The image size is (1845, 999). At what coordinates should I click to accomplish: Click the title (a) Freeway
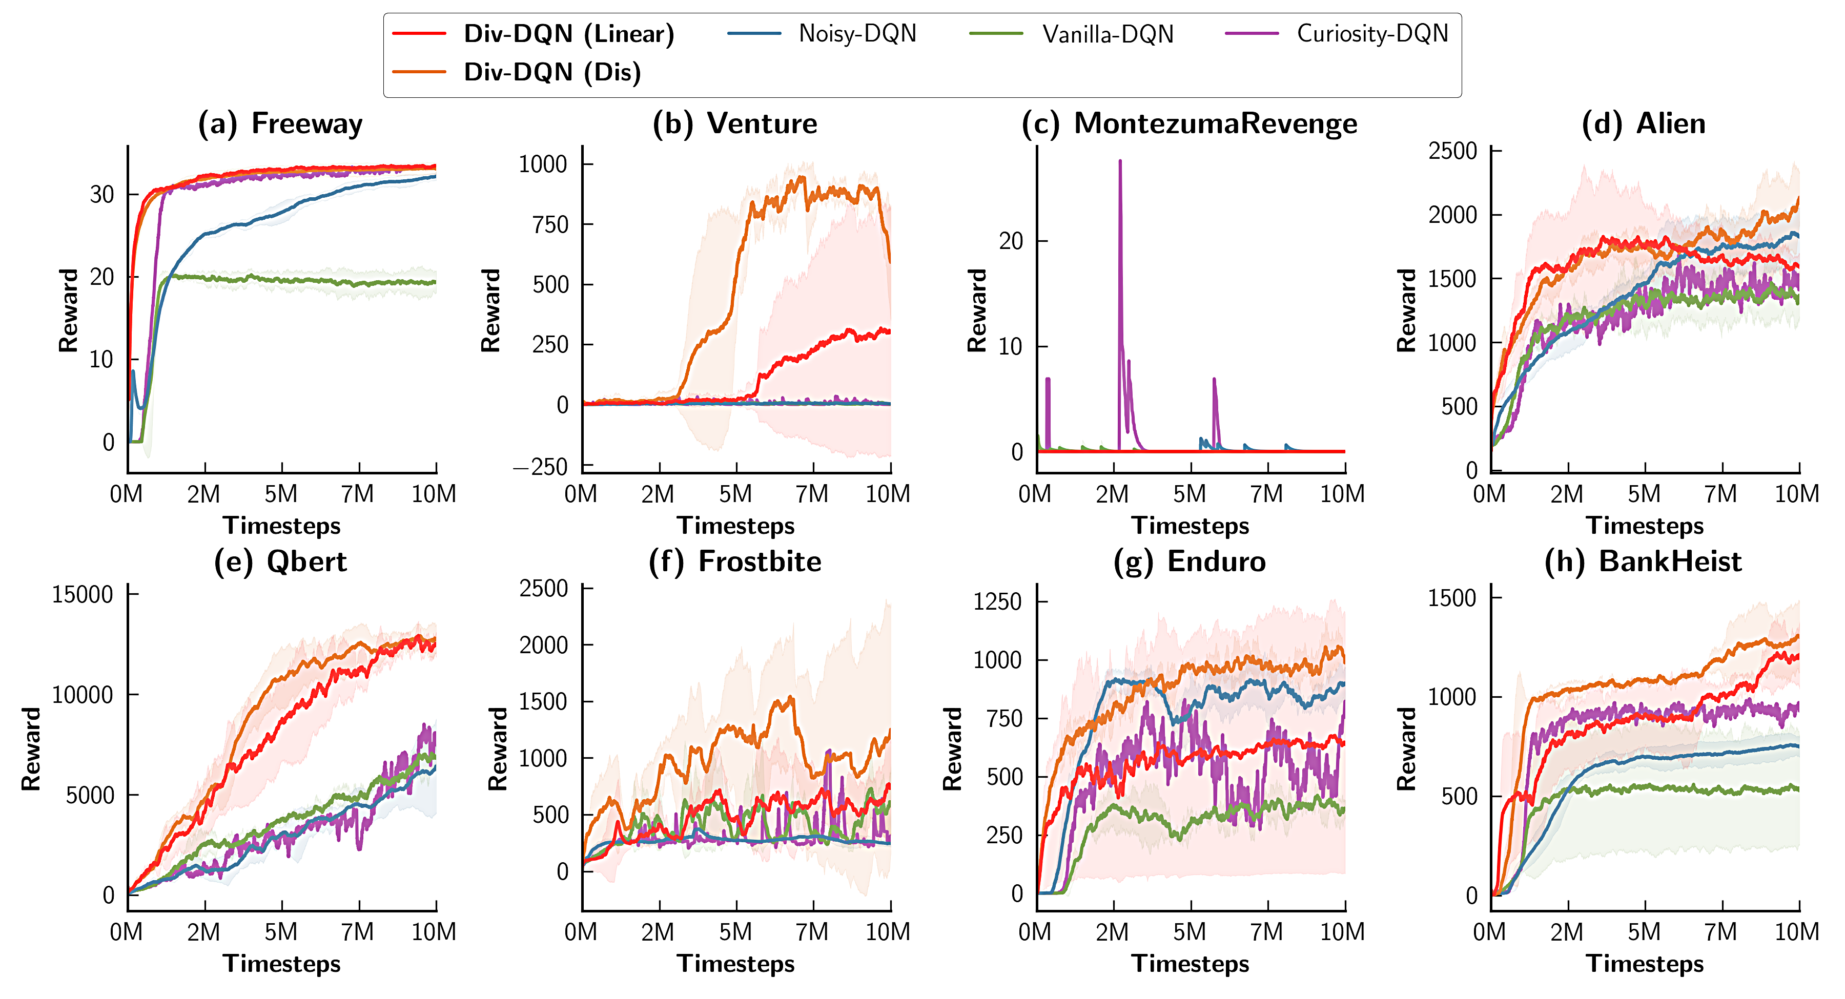[x=281, y=124]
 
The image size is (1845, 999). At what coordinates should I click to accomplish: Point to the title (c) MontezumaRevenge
[x=1189, y=124]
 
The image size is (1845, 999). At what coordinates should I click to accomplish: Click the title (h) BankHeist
[x=1643, y=561]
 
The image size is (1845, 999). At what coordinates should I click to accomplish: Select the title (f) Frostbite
[x=735, y=561]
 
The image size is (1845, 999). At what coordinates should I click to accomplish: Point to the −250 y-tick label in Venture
[x=540, y=467]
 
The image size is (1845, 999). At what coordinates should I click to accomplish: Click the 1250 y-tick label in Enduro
[x=997, y=601]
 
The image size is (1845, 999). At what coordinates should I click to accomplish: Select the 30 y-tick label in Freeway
[x=101, y=194]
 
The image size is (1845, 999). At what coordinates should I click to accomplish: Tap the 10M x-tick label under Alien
[x=1796, y=494]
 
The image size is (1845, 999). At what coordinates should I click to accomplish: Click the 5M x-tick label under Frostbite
[x=735, y=932]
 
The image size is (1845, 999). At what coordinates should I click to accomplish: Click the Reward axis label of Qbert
[x=31, y=749]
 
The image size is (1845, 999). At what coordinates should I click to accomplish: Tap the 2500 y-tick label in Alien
[x=1452, y=151]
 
